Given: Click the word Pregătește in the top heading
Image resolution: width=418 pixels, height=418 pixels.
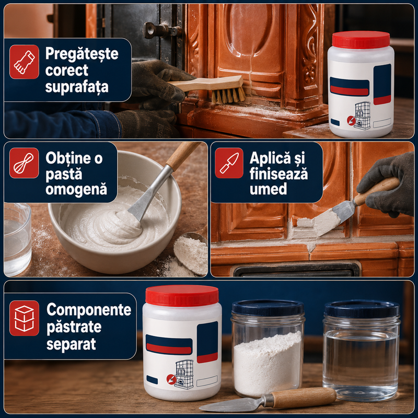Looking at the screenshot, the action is pyautogui.click(x=82, y=54).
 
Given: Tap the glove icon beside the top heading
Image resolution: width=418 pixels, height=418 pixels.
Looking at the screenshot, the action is pyautogui.click(x=24, y=62).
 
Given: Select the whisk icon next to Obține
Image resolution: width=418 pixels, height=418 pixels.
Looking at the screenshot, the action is pyautogui.click(x=24, y=163).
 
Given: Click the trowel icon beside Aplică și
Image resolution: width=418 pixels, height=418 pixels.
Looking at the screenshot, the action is pyautogui.click(x=229, y=163).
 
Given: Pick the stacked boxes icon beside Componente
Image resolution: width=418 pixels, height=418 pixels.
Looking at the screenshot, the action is pyautogui.click(x=24, y=318).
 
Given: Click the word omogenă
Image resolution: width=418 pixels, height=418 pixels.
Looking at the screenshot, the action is pyautogui.click(x=76, y=189).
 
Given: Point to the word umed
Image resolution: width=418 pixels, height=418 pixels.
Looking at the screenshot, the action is pyautogui.click(x=268, y=189).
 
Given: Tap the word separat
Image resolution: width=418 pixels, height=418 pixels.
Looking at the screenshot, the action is pyautogui.click(x=71, y=344).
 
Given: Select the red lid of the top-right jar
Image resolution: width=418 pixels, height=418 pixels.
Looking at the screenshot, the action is pyautogui.click(x=361, y=40).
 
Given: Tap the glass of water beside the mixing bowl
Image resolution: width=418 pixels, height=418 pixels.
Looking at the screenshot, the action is pyautogui.click(x=17, y=239).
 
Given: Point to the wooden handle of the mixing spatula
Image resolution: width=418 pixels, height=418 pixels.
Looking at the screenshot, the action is pyautogui.click(x=183, y=156).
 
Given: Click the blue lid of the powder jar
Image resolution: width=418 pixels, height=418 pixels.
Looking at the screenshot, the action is pyautogui.click(x=268, y=308).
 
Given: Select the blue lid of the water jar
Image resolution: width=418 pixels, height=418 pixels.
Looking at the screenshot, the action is pyautogui.click(x=362, y=309).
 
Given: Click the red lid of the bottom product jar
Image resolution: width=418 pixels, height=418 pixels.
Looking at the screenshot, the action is pyautogui.click(x=182, y=296).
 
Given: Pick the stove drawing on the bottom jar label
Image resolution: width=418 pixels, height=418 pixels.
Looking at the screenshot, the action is pyautogui.click(x=184, y=374).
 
